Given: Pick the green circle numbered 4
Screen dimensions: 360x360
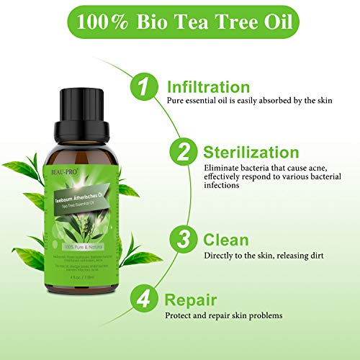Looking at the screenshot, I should (x=144, y=300).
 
